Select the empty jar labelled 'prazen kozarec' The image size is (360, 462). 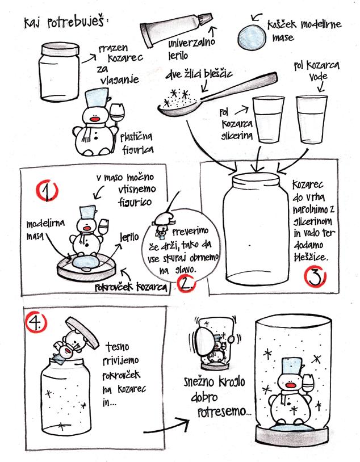(59, 72)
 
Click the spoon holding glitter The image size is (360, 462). (217, 95)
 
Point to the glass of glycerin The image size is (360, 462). (268, 119)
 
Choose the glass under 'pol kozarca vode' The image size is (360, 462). (312, 119)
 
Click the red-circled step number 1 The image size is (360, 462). (47, 190)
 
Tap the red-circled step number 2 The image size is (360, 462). (186, 283)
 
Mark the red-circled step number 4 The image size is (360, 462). (36, 322)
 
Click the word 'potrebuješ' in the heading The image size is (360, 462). (76, 22)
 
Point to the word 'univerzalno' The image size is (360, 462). (192, 44)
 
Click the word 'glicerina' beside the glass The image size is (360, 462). (237, 136)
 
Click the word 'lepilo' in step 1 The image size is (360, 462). (129, 237)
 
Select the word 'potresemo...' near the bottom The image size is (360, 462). (224, 412)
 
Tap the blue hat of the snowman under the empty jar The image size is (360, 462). (97, 98)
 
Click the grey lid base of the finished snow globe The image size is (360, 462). (292, 435)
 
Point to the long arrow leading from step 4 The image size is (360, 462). (166, 426)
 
